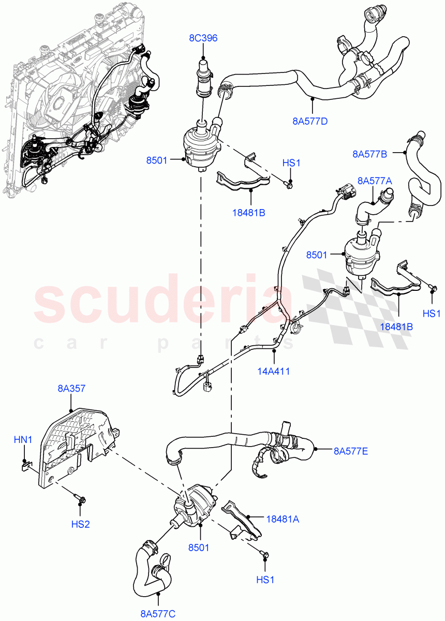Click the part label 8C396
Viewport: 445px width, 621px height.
[x=203, y=38]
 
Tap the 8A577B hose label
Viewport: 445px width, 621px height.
[x=370, y=153]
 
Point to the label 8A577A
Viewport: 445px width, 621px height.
[x=374, y=181]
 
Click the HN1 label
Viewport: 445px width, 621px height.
[x=23, y=439]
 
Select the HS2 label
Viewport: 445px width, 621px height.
[x=81, y=524]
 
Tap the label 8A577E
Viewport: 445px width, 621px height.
[x=350, y=451]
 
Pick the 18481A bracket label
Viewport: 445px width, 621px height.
[x=283, y=518]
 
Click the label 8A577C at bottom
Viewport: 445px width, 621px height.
[x=158, y=614]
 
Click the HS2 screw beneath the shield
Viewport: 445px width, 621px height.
[x=82, y=500]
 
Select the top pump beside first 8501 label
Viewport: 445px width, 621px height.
[x=199, y=147]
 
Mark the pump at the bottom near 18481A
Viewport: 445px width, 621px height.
[x=194, y=505]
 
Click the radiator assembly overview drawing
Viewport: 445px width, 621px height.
[x=78, y=98]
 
